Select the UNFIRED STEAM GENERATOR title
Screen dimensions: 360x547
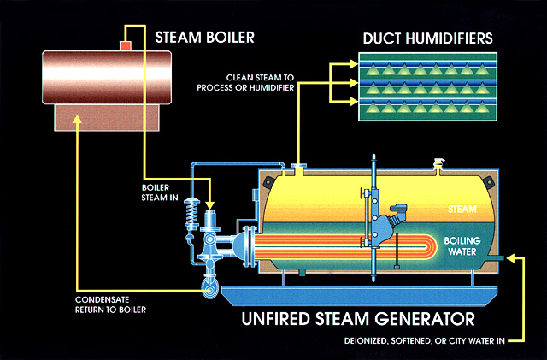(356, 320)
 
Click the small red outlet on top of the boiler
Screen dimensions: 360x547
(125, 44)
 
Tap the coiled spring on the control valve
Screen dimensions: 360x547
(190, 217)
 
